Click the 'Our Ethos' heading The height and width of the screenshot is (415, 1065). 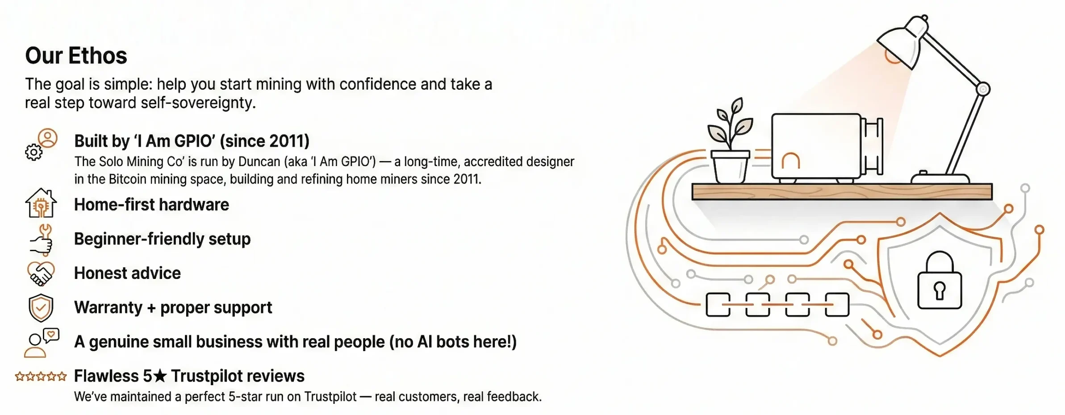click(x=76, y=56)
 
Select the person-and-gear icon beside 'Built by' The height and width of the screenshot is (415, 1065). click(x=41, y=144)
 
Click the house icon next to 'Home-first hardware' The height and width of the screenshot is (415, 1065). click(x=41, y=203)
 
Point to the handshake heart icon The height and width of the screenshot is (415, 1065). click(x=41, y=273)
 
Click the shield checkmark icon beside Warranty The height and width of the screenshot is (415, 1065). click(x=41, y=308)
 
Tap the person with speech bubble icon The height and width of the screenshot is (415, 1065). click(x=42, y=343)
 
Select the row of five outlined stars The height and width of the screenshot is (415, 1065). click(x=41, y=377)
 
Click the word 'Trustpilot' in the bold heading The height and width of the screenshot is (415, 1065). click(x=238, y=376)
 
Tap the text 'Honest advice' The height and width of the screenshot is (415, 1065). click(x=127, y=273)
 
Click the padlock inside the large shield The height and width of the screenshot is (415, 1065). click(x=940, y=280)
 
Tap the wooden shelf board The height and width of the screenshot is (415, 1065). click(x=842, y=191)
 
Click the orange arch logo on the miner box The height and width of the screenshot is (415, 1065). click(x=790, y=160)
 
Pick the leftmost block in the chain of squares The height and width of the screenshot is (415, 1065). click(x=718, y=305)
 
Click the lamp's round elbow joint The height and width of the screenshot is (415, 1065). click(x=983, y=89)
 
